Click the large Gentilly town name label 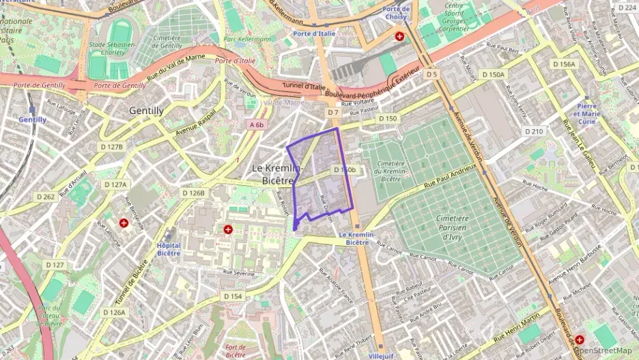[147, 110]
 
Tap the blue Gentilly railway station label [32, 120]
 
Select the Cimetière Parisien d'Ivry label [453, 227]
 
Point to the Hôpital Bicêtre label [169, 249]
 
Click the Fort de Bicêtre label [236, 351]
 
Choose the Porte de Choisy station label [397, 13]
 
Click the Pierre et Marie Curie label [586, 113]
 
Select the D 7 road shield [332, 112]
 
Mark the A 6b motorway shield [256, 125]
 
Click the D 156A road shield [564, 64]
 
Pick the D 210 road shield [534, 131]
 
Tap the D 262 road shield [45, 197]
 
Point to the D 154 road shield [232, 296]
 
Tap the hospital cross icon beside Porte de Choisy [399, 36]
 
